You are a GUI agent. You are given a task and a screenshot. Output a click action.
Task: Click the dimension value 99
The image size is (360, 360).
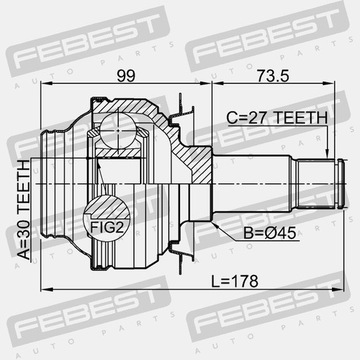126,76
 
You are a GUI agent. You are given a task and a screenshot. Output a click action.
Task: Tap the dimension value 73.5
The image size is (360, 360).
273,76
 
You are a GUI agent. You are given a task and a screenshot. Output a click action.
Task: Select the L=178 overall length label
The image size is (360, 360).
235,281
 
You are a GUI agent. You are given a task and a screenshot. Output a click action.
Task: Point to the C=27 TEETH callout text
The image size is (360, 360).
277,117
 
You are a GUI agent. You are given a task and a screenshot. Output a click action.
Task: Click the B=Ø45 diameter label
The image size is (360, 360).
270,233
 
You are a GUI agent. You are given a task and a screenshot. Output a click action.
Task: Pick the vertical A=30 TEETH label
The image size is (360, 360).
24,210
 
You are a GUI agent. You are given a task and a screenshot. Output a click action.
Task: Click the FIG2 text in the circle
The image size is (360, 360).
107,228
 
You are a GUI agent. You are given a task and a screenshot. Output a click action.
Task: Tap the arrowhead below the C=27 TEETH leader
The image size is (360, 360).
327,154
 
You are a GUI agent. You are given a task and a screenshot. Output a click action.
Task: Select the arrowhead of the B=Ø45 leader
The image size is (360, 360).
215,225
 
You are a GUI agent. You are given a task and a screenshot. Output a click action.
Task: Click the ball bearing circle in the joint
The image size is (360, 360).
118,130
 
